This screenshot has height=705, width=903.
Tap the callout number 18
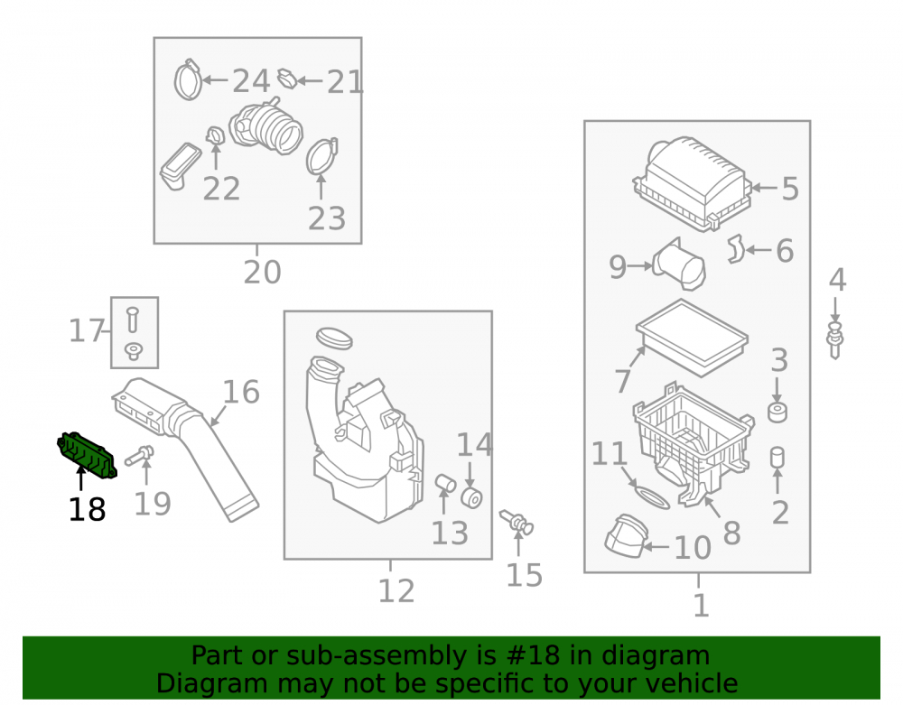pyautogui.click(x=87, y=510)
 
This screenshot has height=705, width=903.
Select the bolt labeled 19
pyautogui.click(x=140, y=455)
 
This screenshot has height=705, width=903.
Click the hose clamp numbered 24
pyautogui.click(x=188, y=80)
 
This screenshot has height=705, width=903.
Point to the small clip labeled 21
pyautogui.click(x=287, y=79)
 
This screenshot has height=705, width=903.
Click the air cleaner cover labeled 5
pyautogui.click(x=693, y=183)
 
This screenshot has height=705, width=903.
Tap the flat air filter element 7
pyautogui.click(x=692, y=338)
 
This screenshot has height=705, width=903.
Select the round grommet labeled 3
pyautogui.click(x=777, y=413)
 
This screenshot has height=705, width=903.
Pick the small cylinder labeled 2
pyautogui.click(x=777, y=458)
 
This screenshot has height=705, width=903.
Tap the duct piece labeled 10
pyautogui.click(x=626, y=536)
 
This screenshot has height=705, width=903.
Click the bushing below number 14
pyautogui.click(x=471, y=498)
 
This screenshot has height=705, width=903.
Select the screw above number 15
pyautogui.click(x=517, y=522)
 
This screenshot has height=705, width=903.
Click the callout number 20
pyautogui.click(x=262, y=273)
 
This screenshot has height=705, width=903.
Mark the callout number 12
pyautogui.click(x=396, y=591)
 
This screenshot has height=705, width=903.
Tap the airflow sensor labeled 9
pyautogui.click(x=679, y=265)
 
